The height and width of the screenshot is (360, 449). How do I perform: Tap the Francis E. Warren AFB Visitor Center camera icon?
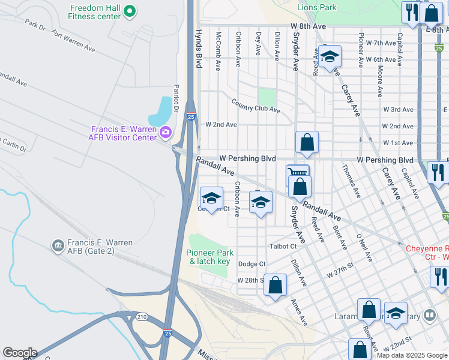click(x=166, y=133)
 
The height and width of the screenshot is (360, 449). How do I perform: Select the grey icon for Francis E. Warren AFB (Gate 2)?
click(x=58, y=245)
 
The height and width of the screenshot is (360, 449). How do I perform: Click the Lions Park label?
click(x=317, y=7)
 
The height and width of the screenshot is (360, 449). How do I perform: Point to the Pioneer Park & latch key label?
click(x=208, y=257)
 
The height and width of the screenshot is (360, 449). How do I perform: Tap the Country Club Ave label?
click(x=256, y=110)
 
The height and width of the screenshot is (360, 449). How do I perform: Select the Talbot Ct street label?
click(x=284, y=246)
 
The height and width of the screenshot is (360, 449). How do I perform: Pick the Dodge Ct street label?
click(x=252, y=264)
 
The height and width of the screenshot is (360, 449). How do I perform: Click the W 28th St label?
click(x=250, y=280)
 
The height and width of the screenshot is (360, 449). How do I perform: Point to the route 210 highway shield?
click(x=142, y=317)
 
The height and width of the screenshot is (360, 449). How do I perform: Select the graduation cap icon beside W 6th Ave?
click(x=329, y=57)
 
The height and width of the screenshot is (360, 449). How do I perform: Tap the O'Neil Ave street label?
click(x=364, y=248)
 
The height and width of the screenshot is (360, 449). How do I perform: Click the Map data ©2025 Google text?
click(x=411, y=355)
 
